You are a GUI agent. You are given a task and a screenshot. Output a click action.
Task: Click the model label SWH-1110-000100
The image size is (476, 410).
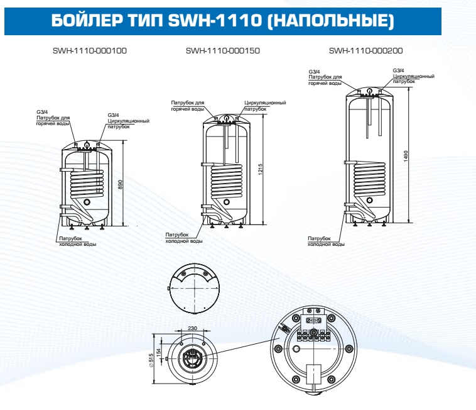(x=90, y=50)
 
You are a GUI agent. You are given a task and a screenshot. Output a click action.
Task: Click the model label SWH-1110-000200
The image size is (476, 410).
(x=365, y=50)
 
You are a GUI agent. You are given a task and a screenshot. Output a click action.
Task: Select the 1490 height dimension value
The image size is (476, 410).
(x=406, y=155)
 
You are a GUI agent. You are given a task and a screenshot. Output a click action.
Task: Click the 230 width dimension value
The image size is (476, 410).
(x=192, y=328)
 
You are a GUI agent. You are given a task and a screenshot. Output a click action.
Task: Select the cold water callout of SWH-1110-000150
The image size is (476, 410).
(x=184, y=238)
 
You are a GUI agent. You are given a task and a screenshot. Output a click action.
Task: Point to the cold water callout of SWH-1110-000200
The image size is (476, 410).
(x=326, y=241)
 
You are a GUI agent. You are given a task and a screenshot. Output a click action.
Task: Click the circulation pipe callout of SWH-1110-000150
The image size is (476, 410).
(x=265, y=105)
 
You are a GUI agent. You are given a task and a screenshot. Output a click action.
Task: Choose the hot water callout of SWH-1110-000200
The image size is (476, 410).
(x=325, y=77)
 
